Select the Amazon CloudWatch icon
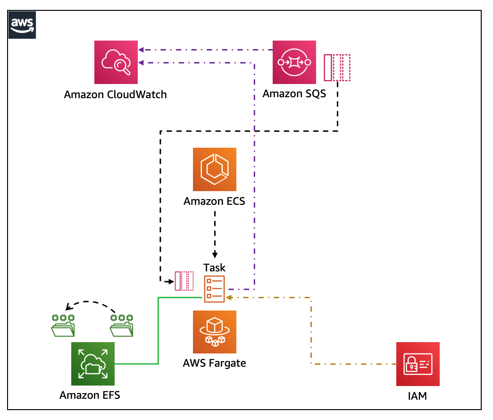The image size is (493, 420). pyautogui.click(x=116, y=62)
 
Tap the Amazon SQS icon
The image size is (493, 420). pyautogui.click(x=294, y=62)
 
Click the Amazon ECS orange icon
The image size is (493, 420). pyautogui.click(x=215, y=169)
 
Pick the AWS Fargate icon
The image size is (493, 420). pyautogui.click(x=215, y=332)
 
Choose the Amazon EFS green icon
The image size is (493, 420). pyautogui.click(x=92, y=364)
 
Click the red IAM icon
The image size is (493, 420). pyautogui.click(x=418, y=364)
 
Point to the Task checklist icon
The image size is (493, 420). pyautogui.click(x=214, y=288)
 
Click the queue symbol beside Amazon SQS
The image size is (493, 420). pyautogui.click(x=337, y=68)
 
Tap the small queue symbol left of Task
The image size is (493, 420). pyautogui.click(x=184, y=281)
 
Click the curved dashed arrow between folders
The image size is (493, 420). pyautogui.click(x=92, y=302)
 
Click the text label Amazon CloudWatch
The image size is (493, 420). pyautogui.click(x=116, y=94)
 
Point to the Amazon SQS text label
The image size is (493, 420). pyautogui.click(x=294, y=93)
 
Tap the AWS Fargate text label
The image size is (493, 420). pyautogui.click(x=215, y=363)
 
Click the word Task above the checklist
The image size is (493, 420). pyautogui.click(x=214, y=268)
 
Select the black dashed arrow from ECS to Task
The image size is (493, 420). pyautogui.click(x=215, y=234)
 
